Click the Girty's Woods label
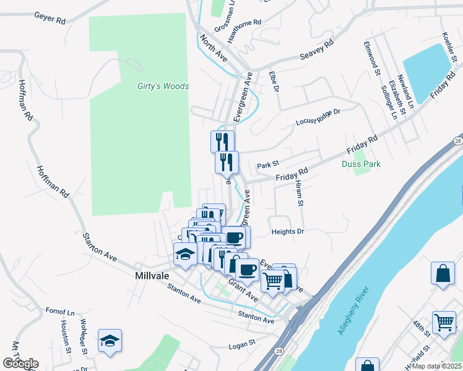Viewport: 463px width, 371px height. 163,87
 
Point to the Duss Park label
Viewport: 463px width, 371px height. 361,164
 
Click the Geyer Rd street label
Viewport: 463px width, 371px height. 50,20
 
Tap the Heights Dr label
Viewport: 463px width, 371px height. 288,232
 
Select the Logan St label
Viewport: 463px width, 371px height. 242,343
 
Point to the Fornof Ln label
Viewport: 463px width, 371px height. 60,311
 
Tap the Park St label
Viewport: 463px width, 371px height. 269,165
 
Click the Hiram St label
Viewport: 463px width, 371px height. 299,194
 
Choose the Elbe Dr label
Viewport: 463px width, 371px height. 274,81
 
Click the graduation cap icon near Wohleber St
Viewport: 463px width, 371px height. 110,341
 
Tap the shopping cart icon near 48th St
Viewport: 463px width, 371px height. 444,322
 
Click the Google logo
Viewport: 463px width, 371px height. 20,364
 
